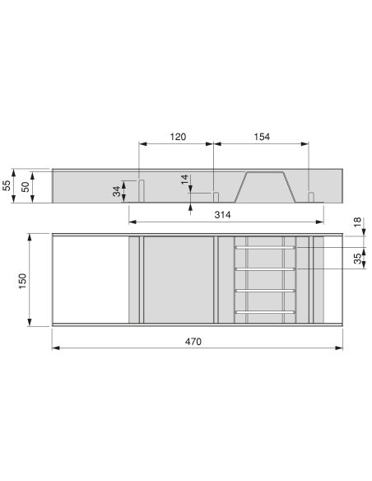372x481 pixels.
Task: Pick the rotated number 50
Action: [x=26, y=186]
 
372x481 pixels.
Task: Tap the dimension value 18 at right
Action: [x=356, y=222]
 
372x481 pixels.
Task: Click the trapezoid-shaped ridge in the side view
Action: [x=263, y=187]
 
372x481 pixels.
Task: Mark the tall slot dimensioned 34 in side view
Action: [x=141, y=189]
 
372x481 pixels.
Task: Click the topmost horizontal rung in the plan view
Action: [x=264, y=246]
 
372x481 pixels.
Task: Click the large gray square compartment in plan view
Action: [x=179, y=279]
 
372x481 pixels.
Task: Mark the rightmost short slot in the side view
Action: [x=311, y=196]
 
